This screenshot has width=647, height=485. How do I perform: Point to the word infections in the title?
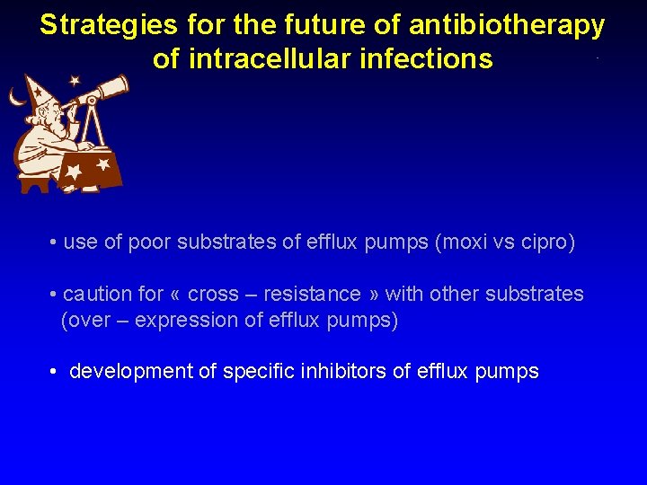tap(438, 59)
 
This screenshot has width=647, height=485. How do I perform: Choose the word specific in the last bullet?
tap(261, 372)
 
